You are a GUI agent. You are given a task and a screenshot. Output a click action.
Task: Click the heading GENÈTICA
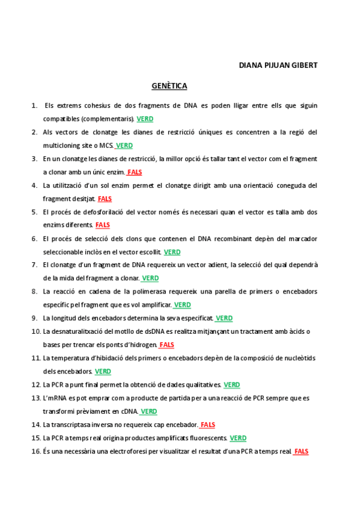pyautogui.click(x=169, y=86)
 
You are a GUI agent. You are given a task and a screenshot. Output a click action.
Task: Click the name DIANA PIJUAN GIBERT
pyautogui.click(x=278, y=65)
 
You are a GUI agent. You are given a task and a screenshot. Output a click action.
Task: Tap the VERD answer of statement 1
pyautogui.click(x=145, y=118)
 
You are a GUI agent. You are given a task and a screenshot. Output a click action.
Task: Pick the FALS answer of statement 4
pyautogui.click(x=105, y=198)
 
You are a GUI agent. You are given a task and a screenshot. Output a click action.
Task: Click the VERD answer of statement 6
pyautogui.click(x=172, y=252)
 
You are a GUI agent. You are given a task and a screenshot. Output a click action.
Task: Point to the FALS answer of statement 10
pyautogui.click(x=166, y=345)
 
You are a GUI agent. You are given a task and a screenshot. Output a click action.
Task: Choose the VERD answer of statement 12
pyautogui.click(x=231, y=384)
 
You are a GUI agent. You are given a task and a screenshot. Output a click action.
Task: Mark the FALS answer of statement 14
pyautogui.click(x=207, y=425)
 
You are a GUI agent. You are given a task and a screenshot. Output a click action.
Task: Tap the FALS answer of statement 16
pyautogui.click(x=301, y=451)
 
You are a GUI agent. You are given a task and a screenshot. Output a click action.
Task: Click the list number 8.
pyautogui.click(x=35, y=292)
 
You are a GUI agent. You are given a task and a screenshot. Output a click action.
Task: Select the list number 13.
pyautogui.click(x=35, y=398)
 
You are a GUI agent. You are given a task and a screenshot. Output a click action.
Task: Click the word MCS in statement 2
pyautogui.click(x=106, y=146)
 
